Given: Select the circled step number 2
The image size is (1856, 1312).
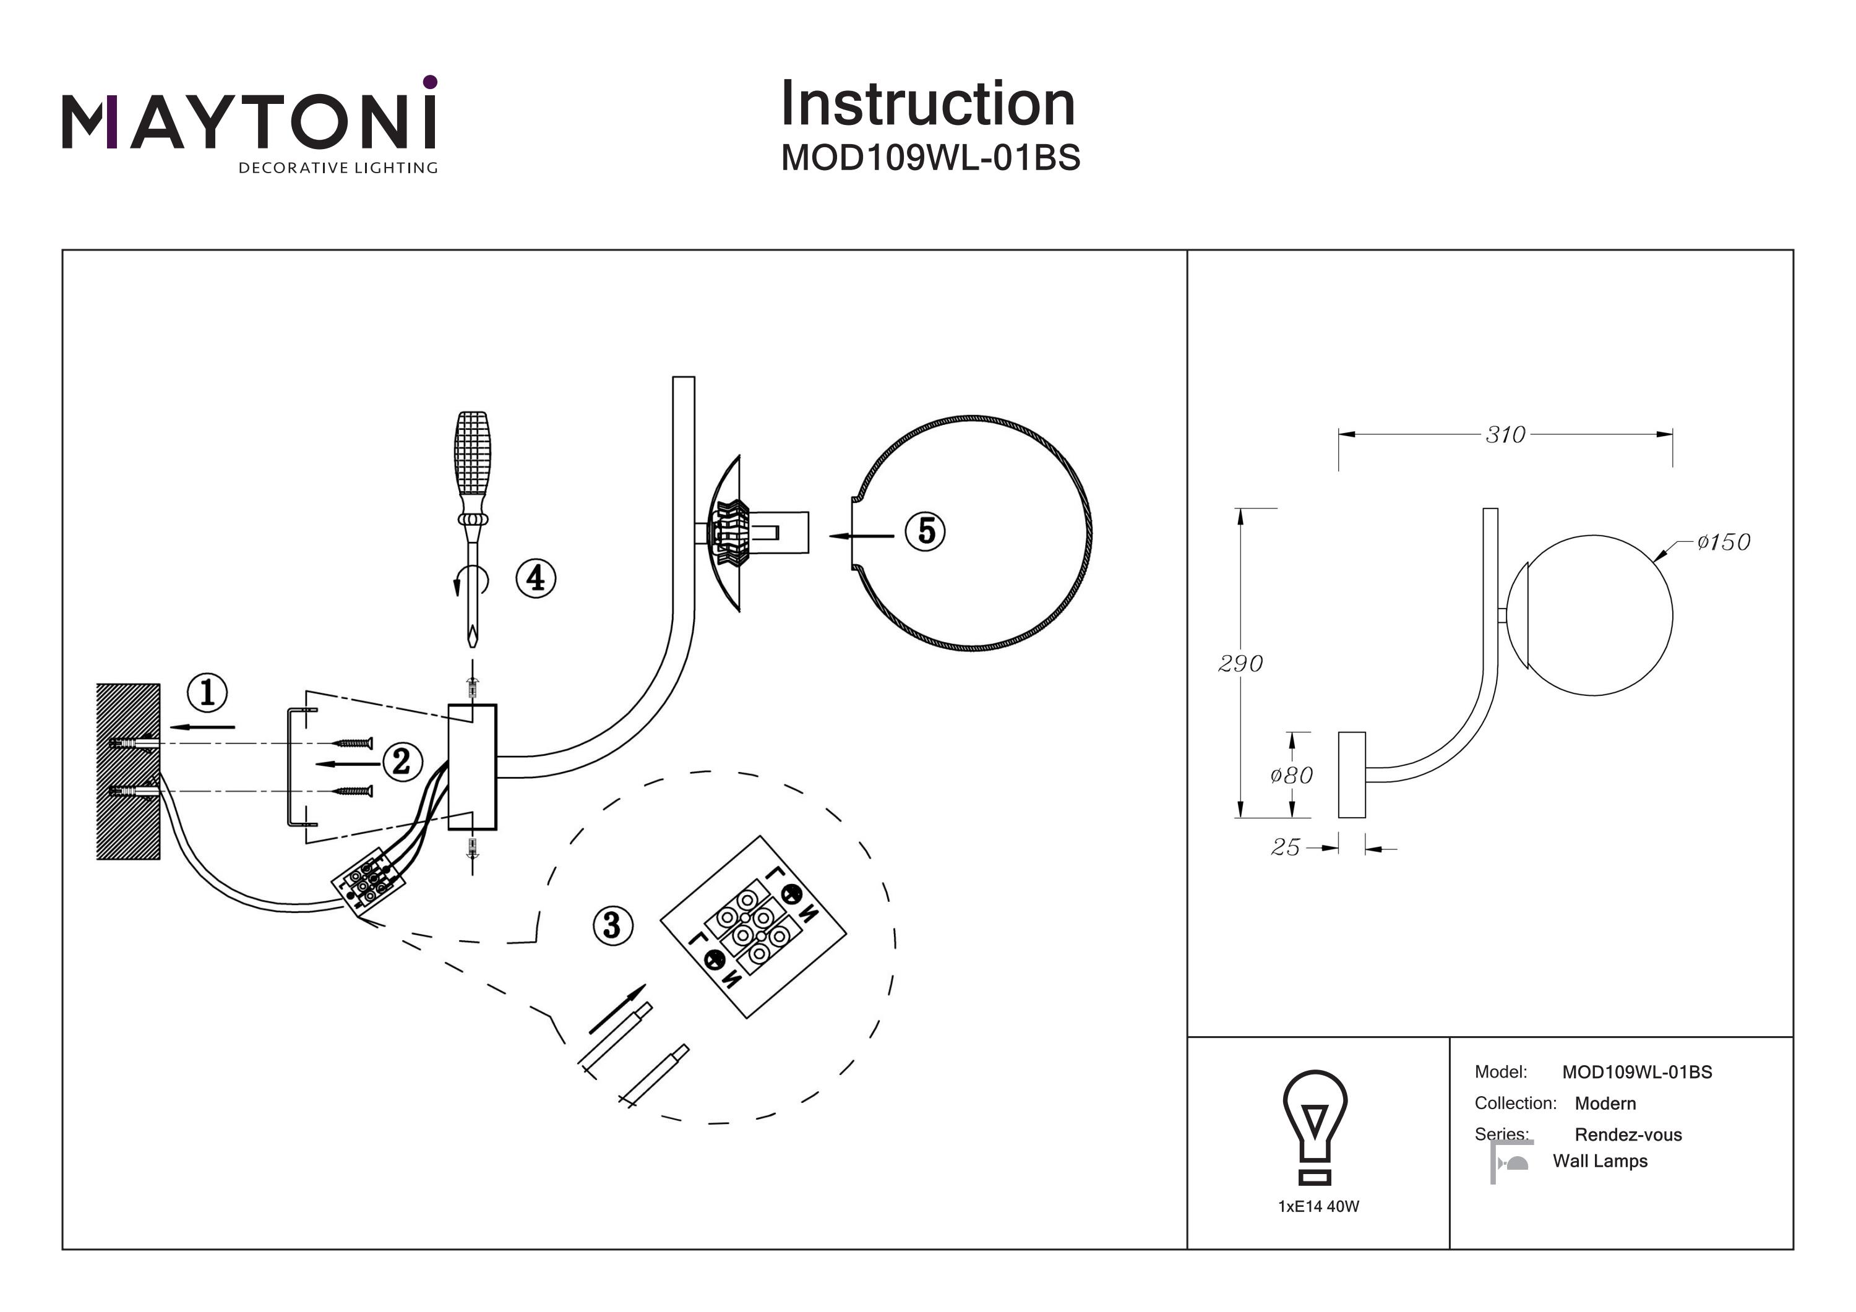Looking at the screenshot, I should coord(402,761).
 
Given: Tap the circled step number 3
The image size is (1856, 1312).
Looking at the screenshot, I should coord(612,925).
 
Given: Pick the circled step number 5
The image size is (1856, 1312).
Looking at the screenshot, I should coord(926,531).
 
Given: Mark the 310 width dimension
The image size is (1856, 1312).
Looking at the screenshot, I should coord(1505,435).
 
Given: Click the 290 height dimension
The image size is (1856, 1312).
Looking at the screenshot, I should coord(1240,664).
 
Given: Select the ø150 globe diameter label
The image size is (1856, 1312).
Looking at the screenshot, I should coord(1724,542).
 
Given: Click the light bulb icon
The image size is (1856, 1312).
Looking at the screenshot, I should coord(1315,1125).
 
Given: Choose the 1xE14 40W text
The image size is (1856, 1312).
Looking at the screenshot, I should coord(1318,1207).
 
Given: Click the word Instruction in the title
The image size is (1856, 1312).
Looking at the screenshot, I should coord(928,105).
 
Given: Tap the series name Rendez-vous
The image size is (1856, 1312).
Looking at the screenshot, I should coord(1628,1135).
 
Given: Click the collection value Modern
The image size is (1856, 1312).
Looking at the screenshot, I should coord(1605,1104).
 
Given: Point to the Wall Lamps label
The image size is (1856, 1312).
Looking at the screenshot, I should coord(1600,1162).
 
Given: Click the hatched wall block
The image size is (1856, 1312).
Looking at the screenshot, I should coord(127,771).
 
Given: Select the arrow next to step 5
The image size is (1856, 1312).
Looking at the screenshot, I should coord(862,536).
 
